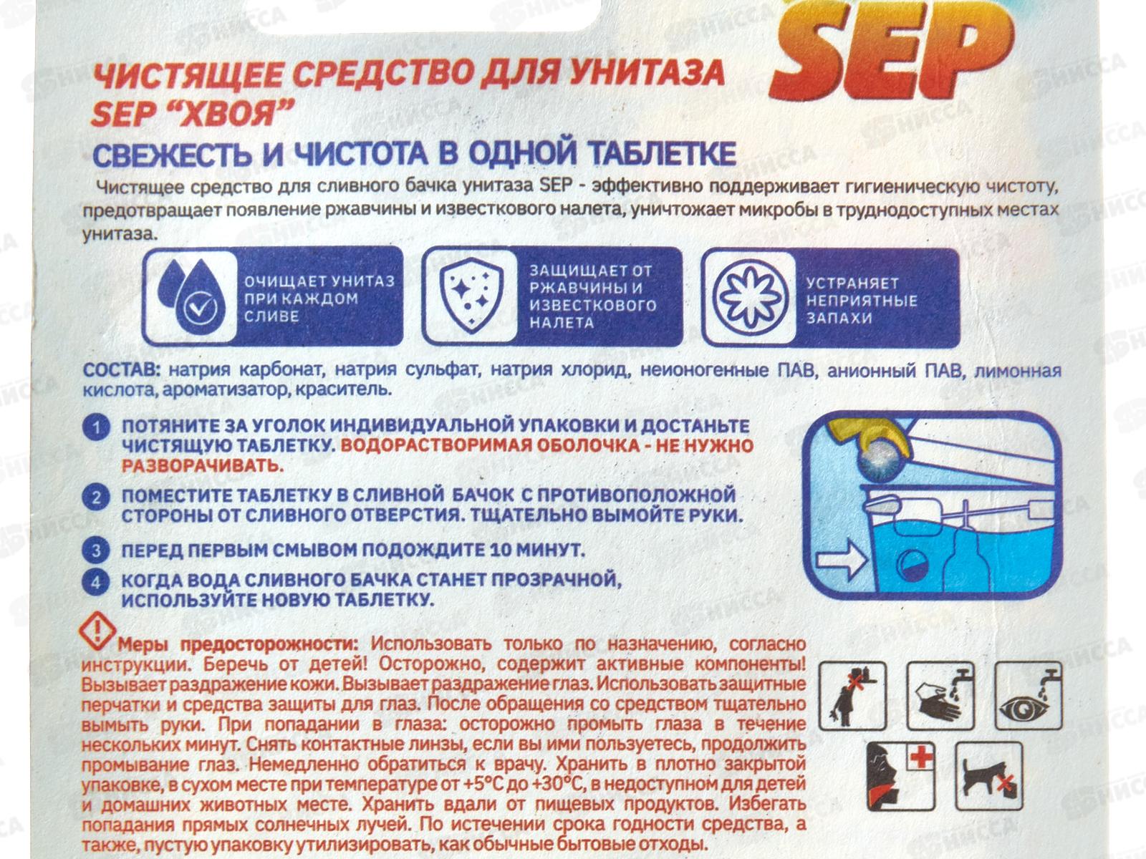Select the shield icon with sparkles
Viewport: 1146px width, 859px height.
click(470, 295)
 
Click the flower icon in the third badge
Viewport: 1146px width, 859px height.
click(748, 296)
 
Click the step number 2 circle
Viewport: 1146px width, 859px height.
click(96, 497)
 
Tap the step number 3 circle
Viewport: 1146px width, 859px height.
click(96, 550)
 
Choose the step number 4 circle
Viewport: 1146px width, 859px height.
click(96, 581)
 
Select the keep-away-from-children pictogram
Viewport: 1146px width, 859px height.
click(852, 694)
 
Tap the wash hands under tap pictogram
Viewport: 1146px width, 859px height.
click(940, 694)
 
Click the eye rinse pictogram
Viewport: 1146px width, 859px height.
click(1029, 694)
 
